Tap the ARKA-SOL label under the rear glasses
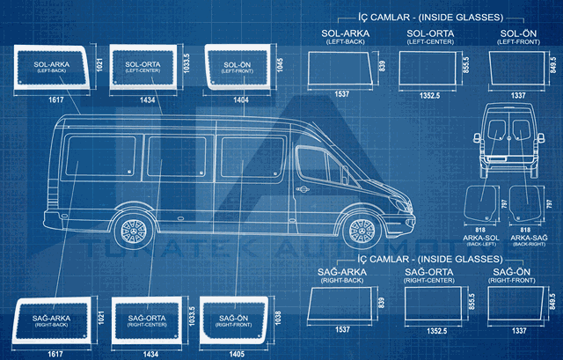click(480, 237)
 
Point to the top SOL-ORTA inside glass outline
click(428, 68)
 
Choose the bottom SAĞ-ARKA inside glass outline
click(342, 303)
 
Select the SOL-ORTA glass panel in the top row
click(143, 68)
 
